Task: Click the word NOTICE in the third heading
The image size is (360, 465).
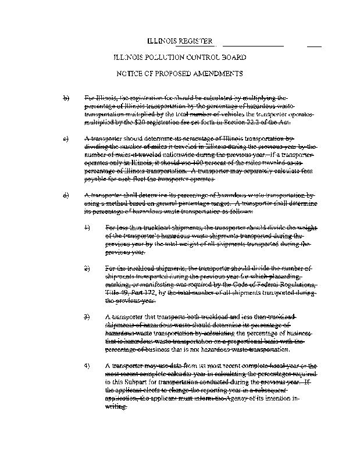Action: pos(131,74)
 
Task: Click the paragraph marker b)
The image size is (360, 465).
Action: pos(66,98)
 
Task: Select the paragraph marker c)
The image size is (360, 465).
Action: pos(66,139)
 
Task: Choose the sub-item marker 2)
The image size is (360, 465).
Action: pos(87,269)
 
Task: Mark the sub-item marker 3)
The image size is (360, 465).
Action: pos(87,317)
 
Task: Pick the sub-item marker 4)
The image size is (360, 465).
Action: pos(87,366)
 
